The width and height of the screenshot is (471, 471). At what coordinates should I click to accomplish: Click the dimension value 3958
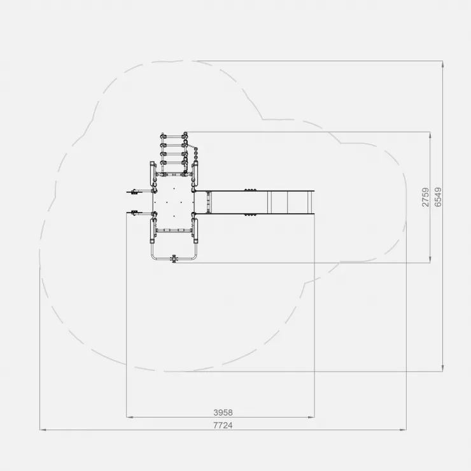223,412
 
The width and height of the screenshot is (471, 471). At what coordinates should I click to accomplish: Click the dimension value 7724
223,425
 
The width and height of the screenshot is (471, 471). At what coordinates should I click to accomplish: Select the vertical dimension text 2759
425,197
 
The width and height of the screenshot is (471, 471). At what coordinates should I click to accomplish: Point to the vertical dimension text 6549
439,197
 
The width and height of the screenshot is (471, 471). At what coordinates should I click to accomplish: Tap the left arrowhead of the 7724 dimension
43,430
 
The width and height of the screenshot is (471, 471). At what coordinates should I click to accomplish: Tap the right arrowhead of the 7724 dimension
403,430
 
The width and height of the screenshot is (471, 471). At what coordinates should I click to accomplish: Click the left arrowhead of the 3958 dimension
129,417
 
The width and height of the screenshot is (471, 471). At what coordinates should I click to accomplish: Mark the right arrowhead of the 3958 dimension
311,417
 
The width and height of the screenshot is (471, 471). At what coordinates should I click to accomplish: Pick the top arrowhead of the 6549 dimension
442,64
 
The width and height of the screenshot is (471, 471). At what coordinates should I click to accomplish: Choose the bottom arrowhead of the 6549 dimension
442,369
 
